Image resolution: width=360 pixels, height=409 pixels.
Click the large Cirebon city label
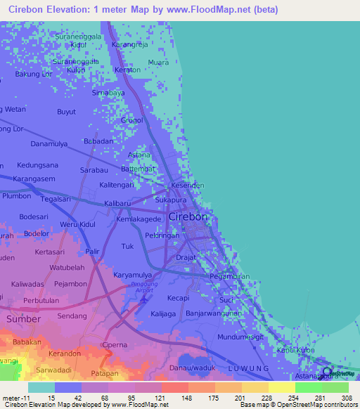[188, 217]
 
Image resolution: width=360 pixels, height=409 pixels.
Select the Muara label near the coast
[158, 62]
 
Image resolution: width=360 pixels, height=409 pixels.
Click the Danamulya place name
[48, 143]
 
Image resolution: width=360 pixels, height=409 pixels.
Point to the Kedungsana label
[38, 165]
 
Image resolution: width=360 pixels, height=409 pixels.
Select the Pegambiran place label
[230, 277]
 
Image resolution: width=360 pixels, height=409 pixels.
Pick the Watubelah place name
[67, 268]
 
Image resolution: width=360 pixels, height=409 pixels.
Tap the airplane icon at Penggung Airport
[145, 299]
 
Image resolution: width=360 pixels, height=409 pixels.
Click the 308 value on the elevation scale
[347, 398]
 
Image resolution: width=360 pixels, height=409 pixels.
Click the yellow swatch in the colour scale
[282, 387]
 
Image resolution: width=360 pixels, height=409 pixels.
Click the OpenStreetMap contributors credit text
[317, 405]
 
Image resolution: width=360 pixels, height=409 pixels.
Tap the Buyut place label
[66, 112]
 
